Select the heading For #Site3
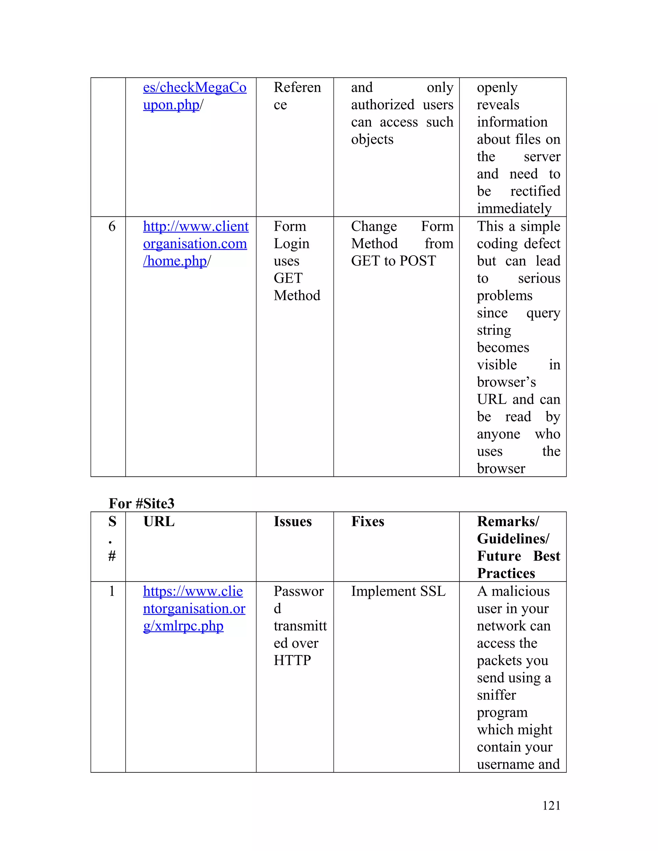pyautogui.click(x=141, y=504)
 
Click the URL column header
pyautogui.click(x=159, y=521)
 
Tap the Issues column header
pyautogui.click(x=292, y=521)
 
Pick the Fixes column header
pyautogui.click(x=367, y=521)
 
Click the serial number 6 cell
pyautogui.click(x=112, y=226)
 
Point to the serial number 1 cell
pyautogui.click(x=112, y=591)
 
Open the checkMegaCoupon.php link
pyautogui.click(x=194, y=96)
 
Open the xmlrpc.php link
pyautogui.click(x=194, y=609)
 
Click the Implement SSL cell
pyautogui.click(x=398, y=591)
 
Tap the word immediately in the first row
pyautogui.click(x=514, y=208)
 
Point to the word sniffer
pyautogui.click(x=496, y=695)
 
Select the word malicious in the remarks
pyautogui.click(x=520, y=591)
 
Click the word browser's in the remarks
pyautogui.click(x=506, y=382)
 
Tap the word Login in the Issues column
pyautogui.click(x=291, y=243)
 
